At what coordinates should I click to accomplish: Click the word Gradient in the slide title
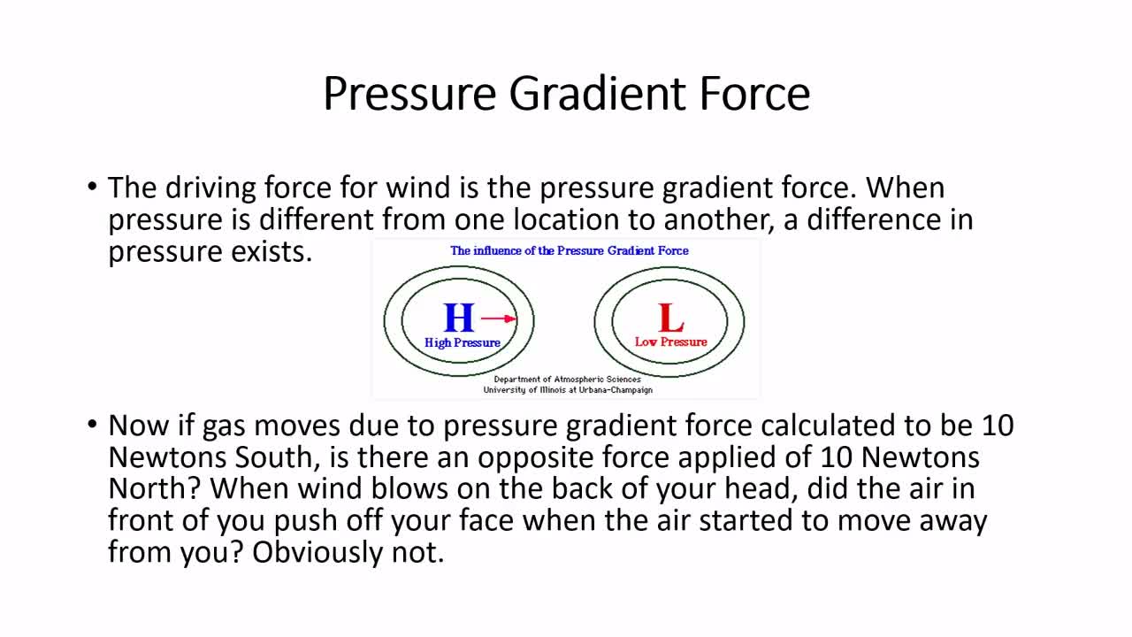597,94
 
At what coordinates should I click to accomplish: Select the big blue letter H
459,318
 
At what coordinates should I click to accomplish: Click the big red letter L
670,318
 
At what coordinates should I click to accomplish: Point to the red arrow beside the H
498,318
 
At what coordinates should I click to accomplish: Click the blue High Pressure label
463,342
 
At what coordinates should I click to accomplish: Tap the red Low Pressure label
670,342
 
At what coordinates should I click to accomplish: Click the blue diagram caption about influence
570,250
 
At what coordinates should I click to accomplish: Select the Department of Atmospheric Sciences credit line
568,380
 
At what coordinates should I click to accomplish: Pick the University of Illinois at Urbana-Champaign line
568,390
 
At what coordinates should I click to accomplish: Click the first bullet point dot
92,187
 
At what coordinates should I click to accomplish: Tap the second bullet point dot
92,424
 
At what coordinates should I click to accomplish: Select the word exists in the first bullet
272,251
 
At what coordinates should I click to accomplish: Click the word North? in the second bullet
155,488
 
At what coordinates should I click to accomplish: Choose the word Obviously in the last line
317,552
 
